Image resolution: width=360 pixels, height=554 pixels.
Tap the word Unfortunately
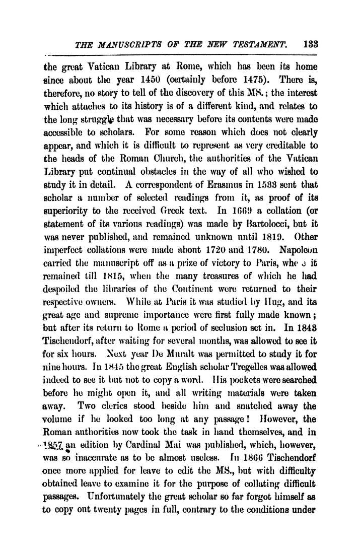120,449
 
